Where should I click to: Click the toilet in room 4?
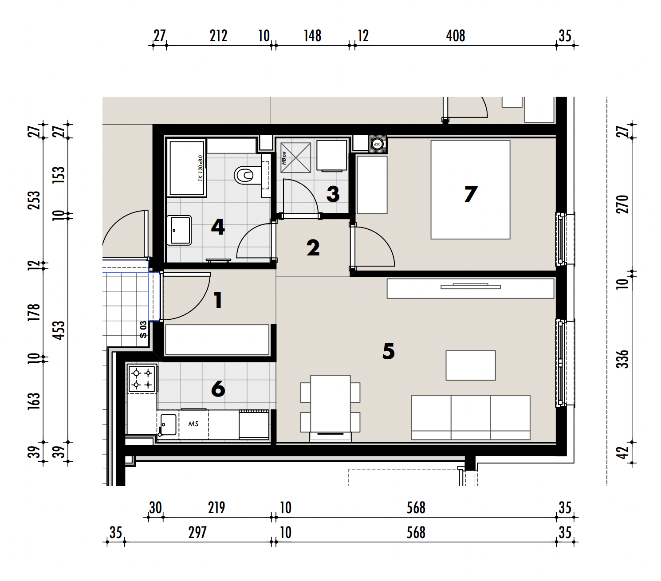[x=245, y=175]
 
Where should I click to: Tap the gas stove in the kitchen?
[x=142, y=378]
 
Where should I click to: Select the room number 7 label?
[x=471, y=194]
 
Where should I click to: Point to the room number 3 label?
[x=333, y=194]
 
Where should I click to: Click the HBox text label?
[x=284, y=158]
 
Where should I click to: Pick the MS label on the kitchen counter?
[x=193, y=424]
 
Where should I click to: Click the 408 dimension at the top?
[x=456, y=35]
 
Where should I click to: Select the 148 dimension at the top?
[x=313, y=35]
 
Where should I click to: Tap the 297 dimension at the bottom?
[x=197, y=532]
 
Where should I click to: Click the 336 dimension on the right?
[x=622, y=359]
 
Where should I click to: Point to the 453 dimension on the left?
[x=59, y=330]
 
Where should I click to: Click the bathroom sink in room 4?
[x=179, y=230]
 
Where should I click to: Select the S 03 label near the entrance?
[x=143, y=330]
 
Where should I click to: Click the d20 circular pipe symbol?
[x=377, y=144]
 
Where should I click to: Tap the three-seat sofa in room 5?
[x=471, y=417]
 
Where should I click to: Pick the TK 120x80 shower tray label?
[x=201, y=168]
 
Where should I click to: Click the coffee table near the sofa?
[x=471, y=365]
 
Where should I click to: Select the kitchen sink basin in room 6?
[x=168, y=424]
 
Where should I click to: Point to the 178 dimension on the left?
[x=34, y=313]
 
